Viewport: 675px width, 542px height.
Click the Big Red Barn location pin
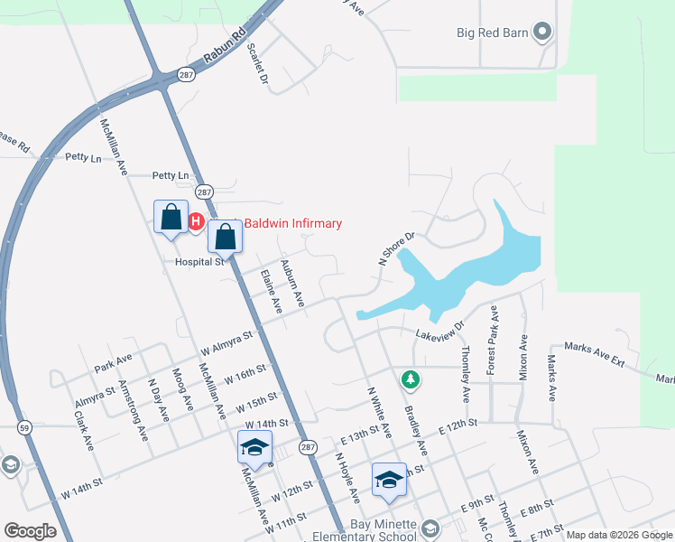point(542,33)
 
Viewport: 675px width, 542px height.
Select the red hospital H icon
point(196,221)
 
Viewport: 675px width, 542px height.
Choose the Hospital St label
point(199,262)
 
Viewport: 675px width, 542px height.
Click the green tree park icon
point(411,379)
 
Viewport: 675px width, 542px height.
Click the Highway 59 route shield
point(28,427)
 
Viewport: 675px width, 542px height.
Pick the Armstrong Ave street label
point(132,409)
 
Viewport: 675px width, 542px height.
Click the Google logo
point(30,531)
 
